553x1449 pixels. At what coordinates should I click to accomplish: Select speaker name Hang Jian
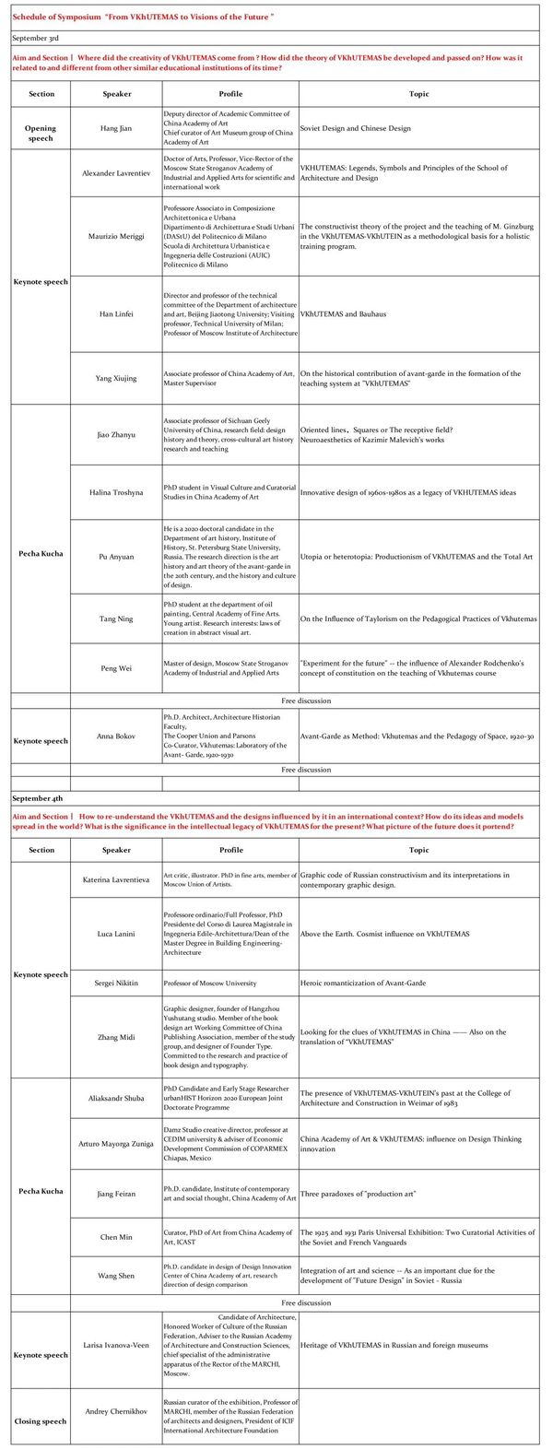coord(116,128)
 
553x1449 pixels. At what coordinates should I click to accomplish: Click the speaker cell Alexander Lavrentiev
coord(116,173)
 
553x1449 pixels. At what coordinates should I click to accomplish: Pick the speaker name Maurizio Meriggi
coord(116,236)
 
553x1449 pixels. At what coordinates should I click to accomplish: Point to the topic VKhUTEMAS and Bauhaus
coord(343,314)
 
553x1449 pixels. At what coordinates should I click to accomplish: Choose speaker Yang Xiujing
coord(116,378)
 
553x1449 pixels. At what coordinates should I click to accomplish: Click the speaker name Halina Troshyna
coord(116,492)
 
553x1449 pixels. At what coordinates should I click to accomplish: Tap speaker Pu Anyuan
coord(116,557)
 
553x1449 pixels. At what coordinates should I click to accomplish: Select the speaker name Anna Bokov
coord(116,736)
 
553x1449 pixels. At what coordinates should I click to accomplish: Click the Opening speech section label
coord(41,134)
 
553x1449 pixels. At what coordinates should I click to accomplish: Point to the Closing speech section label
coord(41,1420)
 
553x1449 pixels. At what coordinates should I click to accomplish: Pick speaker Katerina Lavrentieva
coord(116,880)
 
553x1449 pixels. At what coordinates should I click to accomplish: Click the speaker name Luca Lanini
coord(116,934)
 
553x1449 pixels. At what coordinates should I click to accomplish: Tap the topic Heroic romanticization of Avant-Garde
coord(363,984)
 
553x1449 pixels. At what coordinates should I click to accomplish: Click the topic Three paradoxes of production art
coord(358,1194)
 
